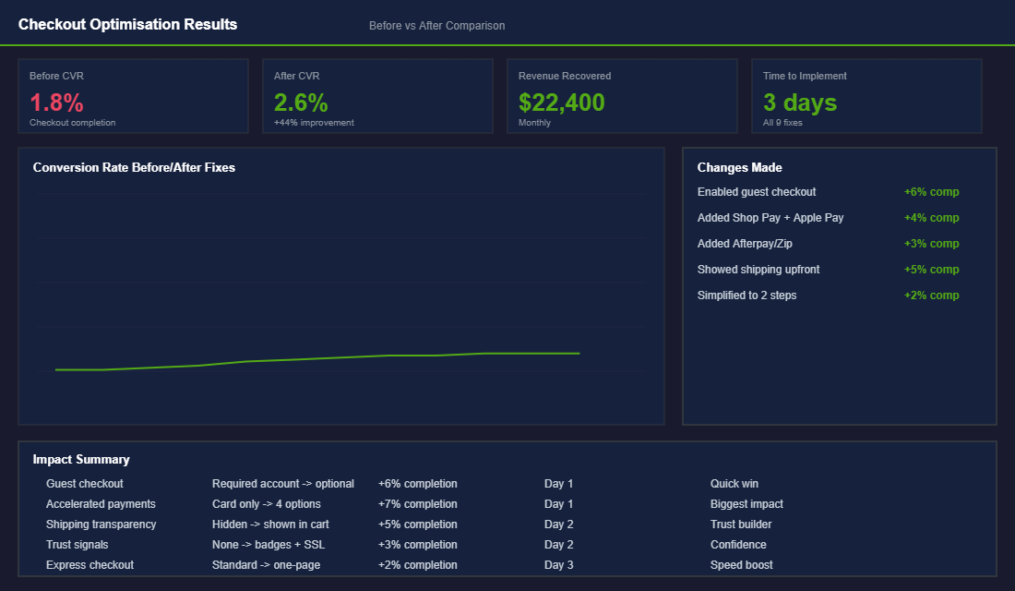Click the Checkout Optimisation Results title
(127, 25)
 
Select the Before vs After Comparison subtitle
(436, 26)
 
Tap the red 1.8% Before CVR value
(56, 103)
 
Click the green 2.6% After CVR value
(301, 103)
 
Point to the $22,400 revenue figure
(561, 103)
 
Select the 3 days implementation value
(799, 103)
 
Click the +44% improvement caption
(314, 123)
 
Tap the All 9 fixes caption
(782, 123)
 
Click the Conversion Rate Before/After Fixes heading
(134, 168)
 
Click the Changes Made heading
(739, 168)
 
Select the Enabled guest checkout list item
(757, 192)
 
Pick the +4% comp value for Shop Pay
(931, 218)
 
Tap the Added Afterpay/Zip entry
(745, 244)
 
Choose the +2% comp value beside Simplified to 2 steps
(931, 295)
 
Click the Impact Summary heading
(81, 460)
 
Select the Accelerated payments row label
(101, 504)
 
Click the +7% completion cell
(417, 504)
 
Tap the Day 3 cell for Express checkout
(558, 565)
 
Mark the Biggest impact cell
(746, 504)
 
